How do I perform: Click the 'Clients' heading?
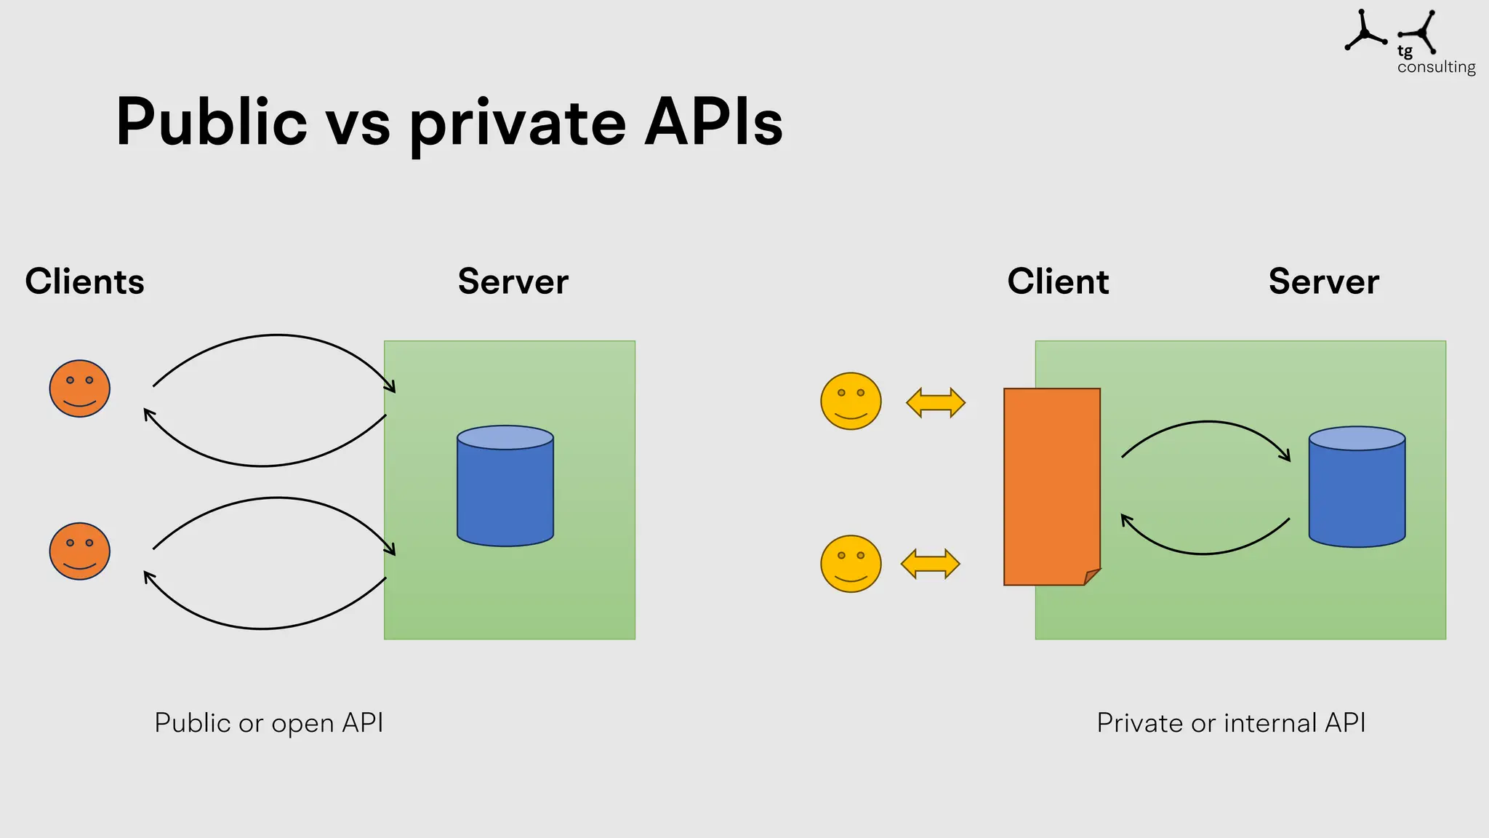point(84,282)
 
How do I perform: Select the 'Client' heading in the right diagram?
point(1058,282)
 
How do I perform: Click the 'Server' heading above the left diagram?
point(513,282)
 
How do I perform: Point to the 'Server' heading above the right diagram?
point(1323,282)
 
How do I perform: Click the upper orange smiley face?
point(80,388)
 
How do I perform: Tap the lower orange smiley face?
point(80,551)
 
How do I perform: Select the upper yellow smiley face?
point(851,402)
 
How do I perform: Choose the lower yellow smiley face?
point(851,564)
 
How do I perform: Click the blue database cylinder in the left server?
point(505,486)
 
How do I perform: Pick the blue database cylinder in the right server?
point(1357,487)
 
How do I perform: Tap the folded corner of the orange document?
point(1091,577)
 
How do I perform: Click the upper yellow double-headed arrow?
point(936,402)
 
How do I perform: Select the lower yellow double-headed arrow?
point(930,564)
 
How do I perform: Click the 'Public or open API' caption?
point(268,723)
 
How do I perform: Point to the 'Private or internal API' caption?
point(1231,723)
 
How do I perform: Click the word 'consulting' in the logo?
point(1436,67)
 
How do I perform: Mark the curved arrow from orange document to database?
point(1207,423)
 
